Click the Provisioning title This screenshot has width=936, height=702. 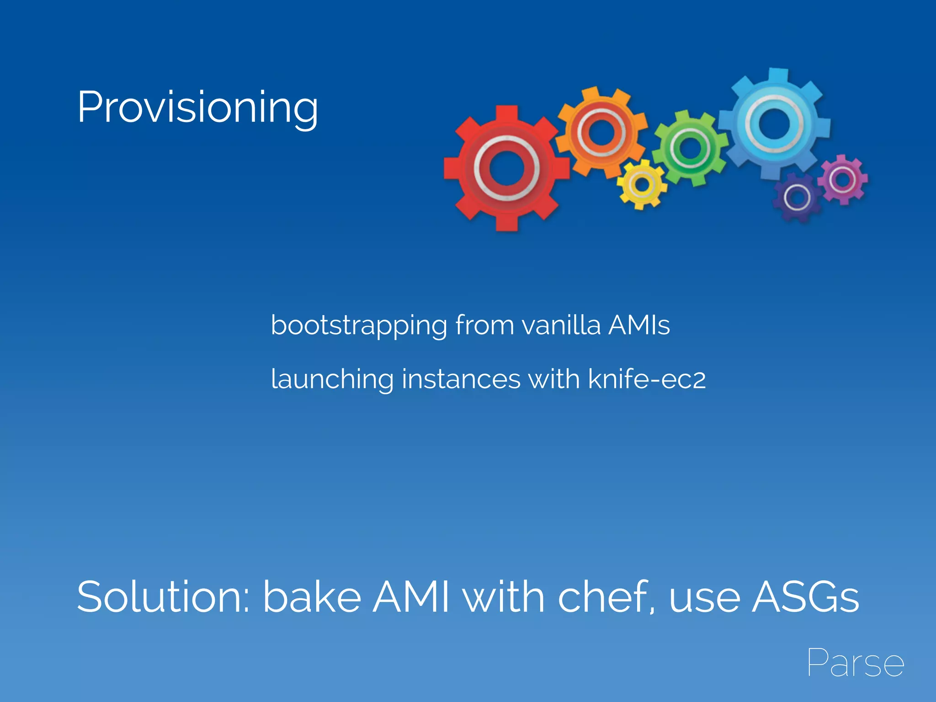197,108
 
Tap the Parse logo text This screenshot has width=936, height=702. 855,663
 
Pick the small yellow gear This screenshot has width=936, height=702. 642,185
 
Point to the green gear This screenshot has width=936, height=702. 690,149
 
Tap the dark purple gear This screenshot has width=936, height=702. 797,197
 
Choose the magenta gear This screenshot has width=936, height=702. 843,180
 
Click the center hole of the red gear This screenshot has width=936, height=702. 506,168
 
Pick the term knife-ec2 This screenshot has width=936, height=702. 647,379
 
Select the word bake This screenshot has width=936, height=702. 312,597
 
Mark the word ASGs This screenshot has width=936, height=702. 805,597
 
